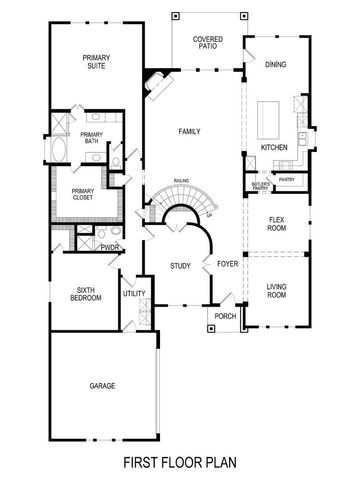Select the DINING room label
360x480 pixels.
click(x=276, y=64)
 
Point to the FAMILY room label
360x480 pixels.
click(x=190, y=131)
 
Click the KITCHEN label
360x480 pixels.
click(x=274, y=147)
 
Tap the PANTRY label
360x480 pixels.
click(x=287, y=180)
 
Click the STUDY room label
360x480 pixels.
click(x=180, y=266)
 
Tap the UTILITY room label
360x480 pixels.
click(x=133, y=294)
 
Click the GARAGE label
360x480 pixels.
click(x=101, y=385)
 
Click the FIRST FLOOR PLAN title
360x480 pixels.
click(x=180, y=463)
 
